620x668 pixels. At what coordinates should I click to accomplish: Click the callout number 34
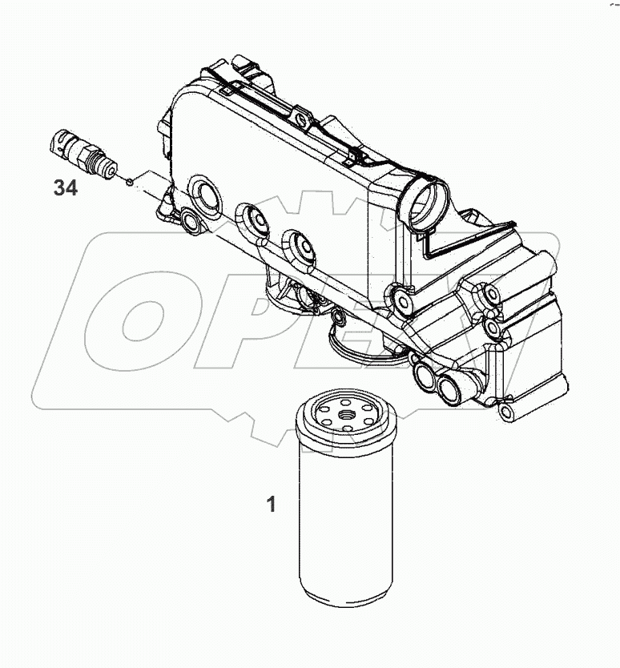coord(65,188)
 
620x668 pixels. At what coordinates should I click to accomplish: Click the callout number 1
coord(272,505)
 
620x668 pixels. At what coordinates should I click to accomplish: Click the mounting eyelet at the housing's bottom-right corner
coord(507,412)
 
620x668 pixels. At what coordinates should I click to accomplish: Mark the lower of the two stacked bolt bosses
coord(492,328)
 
